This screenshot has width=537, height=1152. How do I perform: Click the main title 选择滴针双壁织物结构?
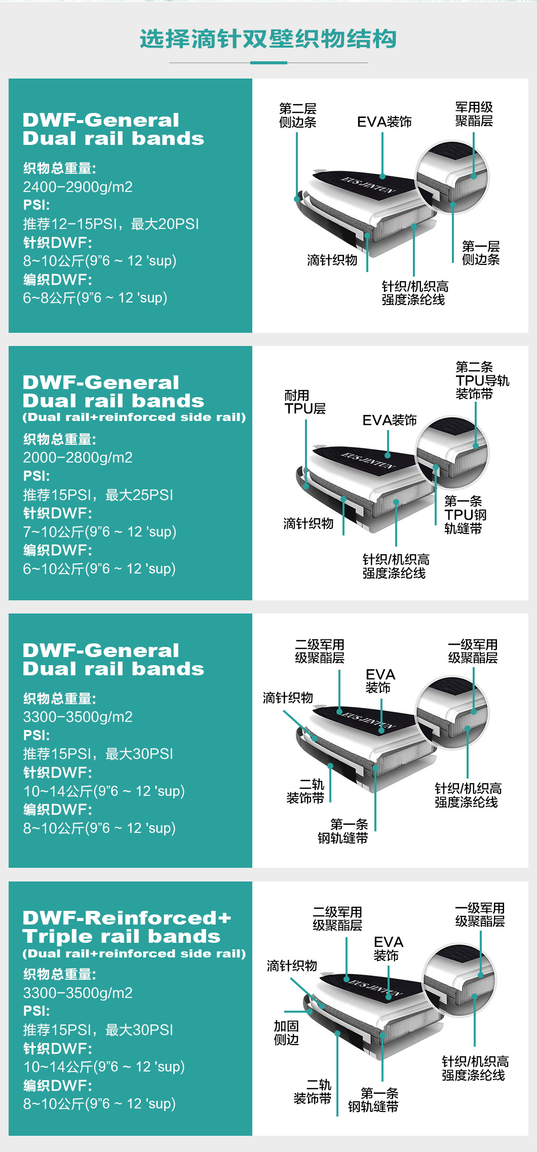point(268,39)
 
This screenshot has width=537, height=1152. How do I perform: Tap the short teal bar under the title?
point(269,63)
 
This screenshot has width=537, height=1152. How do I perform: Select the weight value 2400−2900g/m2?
point(78,187)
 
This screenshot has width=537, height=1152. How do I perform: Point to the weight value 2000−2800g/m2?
point(78,457)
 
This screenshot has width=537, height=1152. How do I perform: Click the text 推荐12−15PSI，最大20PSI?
point(111,224)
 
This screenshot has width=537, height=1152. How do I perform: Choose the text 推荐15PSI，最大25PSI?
point(98,495)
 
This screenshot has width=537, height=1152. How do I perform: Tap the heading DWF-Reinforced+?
point(127,917)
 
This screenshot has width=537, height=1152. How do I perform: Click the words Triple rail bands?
point(121,936)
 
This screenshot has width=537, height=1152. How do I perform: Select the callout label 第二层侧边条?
point(297,115)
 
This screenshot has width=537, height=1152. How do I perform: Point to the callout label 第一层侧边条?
point(481,253)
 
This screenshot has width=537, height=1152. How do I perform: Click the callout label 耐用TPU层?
point(305,402)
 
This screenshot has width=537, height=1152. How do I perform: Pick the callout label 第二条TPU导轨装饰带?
point(482,380)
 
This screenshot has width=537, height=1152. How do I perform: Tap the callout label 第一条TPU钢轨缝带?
point(465,515)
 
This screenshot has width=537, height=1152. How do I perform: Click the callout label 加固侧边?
point(286,1033)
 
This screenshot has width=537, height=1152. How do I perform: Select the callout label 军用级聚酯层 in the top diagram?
point(474,114)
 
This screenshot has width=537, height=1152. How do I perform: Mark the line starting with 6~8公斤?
point(95,298)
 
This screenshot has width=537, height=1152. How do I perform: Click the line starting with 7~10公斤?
point(99,532)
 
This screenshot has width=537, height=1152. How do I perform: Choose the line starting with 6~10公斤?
point(99,569)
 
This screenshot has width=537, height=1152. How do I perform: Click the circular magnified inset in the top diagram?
point(452,177)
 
